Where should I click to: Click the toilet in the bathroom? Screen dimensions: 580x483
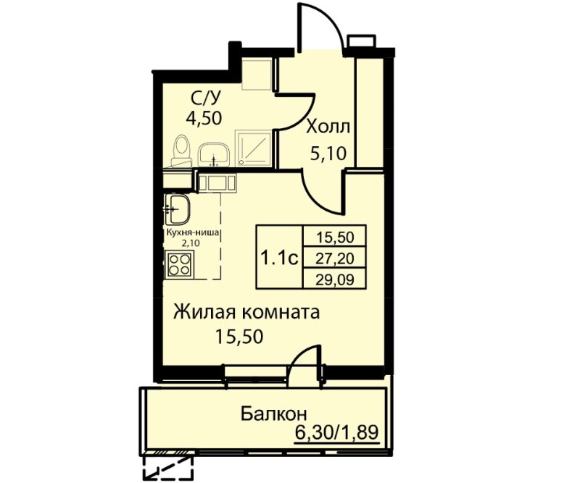pos(181,151)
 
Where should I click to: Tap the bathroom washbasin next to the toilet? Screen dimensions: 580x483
pos(214,155)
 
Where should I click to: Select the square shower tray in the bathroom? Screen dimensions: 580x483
pos(254,148)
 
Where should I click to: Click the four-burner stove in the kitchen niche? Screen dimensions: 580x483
pos(179,264)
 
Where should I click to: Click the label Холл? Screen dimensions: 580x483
pos(328,128)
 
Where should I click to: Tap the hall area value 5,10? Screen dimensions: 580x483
pos(328,153)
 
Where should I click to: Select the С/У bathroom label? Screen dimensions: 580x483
pos(206,98)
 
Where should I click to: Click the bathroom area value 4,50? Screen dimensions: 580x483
pos(204,118)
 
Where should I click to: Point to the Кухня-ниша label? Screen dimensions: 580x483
pos(194,233)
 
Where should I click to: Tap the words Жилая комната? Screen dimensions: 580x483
pos(246,313)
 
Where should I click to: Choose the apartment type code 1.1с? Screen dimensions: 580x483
pos(279,258)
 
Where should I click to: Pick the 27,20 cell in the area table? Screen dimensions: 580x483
pos(334,259)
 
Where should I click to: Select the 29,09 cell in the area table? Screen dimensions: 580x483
pos(334,280)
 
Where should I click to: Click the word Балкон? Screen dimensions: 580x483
pos(274,414)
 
